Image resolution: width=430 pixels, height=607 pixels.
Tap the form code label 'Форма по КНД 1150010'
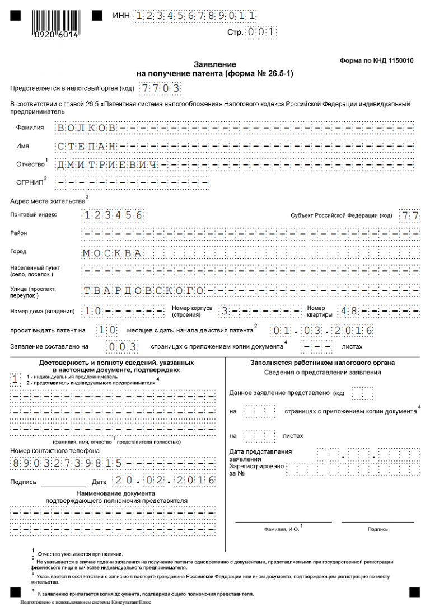click(376, 60)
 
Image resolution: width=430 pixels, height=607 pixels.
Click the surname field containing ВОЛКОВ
click(86, 128)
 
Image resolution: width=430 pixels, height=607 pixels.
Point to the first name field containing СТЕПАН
click(86, 146)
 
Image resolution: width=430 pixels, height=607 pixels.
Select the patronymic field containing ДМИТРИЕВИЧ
click(106, 164)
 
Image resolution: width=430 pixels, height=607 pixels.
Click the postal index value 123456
click(113, 215)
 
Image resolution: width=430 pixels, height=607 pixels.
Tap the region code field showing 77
click(408, 215)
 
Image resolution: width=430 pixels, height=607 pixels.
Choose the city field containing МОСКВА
click(112, 252)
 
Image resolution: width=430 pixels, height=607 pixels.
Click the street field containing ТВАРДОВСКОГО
click(143, 290)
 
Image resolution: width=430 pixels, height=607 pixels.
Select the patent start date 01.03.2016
click(322, 330)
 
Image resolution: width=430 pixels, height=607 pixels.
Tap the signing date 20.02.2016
click(163, 481)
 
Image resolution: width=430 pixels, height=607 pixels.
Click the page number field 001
click(261, 32)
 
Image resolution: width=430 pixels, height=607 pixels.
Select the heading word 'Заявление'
click(215, 64)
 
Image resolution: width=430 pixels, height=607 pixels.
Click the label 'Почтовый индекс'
click(34, 214)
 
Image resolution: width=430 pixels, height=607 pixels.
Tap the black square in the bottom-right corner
click(414, 592)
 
